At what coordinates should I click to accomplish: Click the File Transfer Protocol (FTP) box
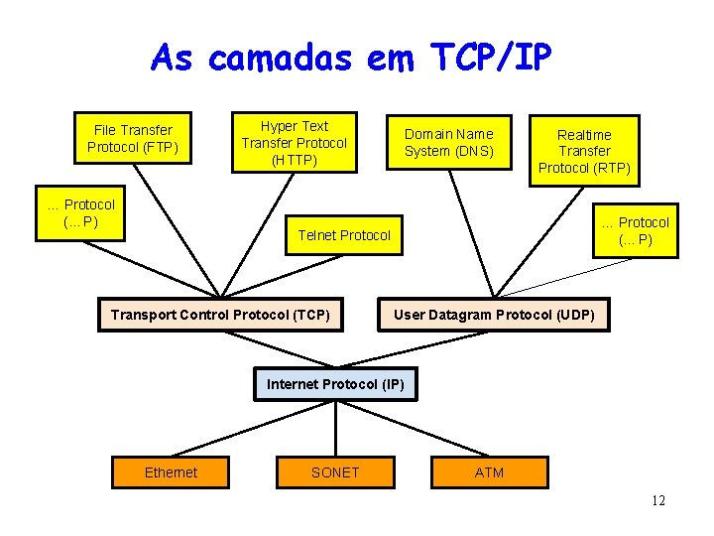pyautogui.click(x=132, y=139)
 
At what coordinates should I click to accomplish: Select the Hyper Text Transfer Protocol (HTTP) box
pyautogui.click(x=294, y=142)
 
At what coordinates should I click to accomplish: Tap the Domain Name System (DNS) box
pyautogui.click(x=448, y=142)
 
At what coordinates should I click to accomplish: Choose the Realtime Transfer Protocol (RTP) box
pyautogui.click(x=584, y=150)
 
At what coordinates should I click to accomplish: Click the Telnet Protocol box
pyautogui.click(x=344, y=235)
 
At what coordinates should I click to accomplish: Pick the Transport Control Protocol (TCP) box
pyautogui.click(x=220, y=315)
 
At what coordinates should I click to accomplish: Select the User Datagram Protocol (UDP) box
pyautogui.click(x=494, y=315)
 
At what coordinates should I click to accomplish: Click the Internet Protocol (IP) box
pyautogui.click(x=335, y=383)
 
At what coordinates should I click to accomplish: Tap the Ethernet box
pyautogui.click(x=171, y=472)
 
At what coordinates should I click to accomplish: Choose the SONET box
pyautogui.click(x=335, y=472)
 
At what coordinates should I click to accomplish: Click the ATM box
pyautogui.click(x=489, y=472)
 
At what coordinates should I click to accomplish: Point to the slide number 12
pyautogui.click(x=658, y=501)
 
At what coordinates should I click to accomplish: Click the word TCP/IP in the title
pyautogui.click(x=489, y=60)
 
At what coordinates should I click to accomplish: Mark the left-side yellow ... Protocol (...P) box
pyautogui.click(x=81, y=212)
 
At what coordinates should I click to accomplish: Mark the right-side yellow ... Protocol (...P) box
pyautogui.click(x=636, y=230)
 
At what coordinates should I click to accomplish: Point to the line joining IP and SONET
pyautogui.click(x=335, y=429)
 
